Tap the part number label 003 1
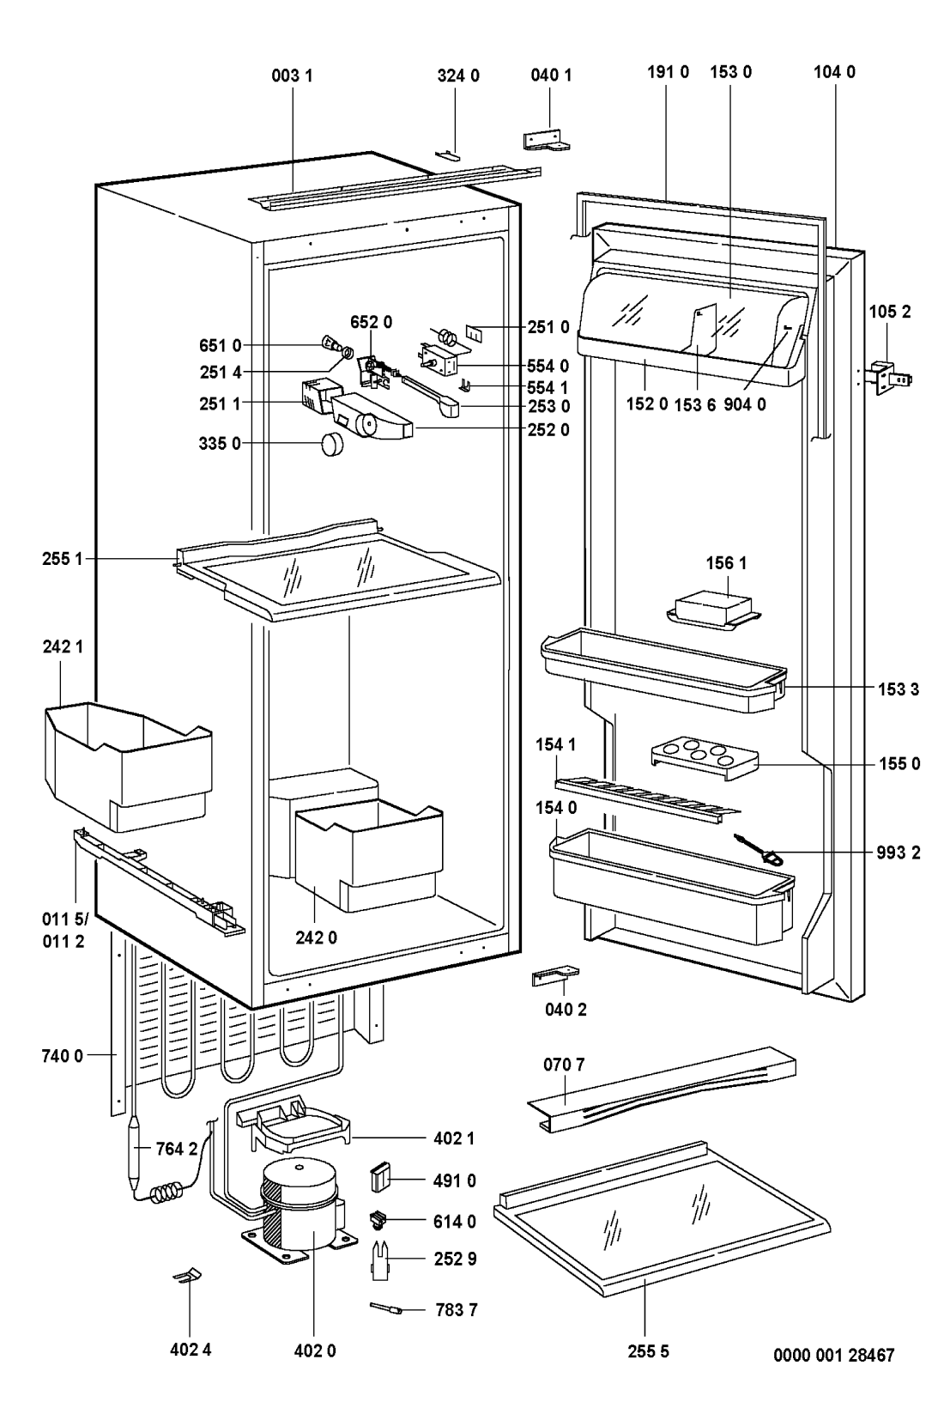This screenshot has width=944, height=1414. point(292,76)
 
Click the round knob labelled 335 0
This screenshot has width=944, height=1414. point(333,444)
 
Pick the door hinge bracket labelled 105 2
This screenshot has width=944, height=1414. point(890,378)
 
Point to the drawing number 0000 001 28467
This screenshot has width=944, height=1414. point(833,1355)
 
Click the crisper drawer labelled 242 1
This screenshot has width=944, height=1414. point(129,766)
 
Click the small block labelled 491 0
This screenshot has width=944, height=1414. point(379,1178)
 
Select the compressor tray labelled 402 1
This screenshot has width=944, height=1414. point(292,1127)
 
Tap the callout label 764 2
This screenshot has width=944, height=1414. point(177,1149)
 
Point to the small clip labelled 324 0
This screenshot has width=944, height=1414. point(447,154)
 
